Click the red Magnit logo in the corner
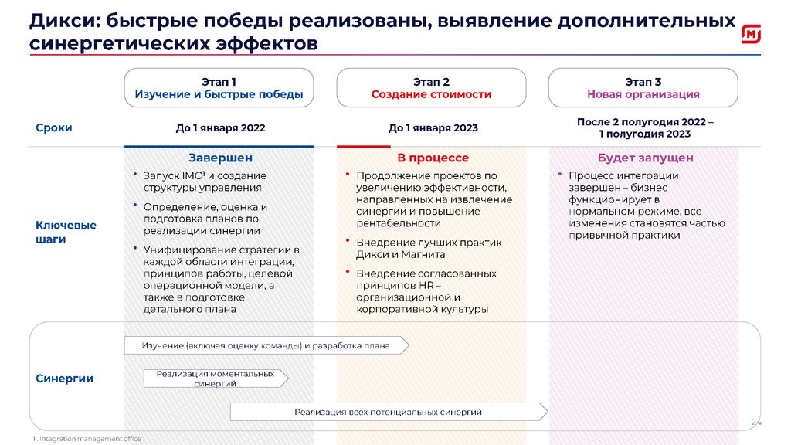752,34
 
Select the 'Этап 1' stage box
219,88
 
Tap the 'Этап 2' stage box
431,88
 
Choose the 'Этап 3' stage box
643,88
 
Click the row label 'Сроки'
54,128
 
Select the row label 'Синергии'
65,379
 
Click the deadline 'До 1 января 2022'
220,128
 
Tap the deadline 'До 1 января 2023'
433,128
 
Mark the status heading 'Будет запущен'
645,158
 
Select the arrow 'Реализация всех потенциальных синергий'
389,412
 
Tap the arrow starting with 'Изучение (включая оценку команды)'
266,345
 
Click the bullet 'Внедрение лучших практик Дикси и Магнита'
429,248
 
